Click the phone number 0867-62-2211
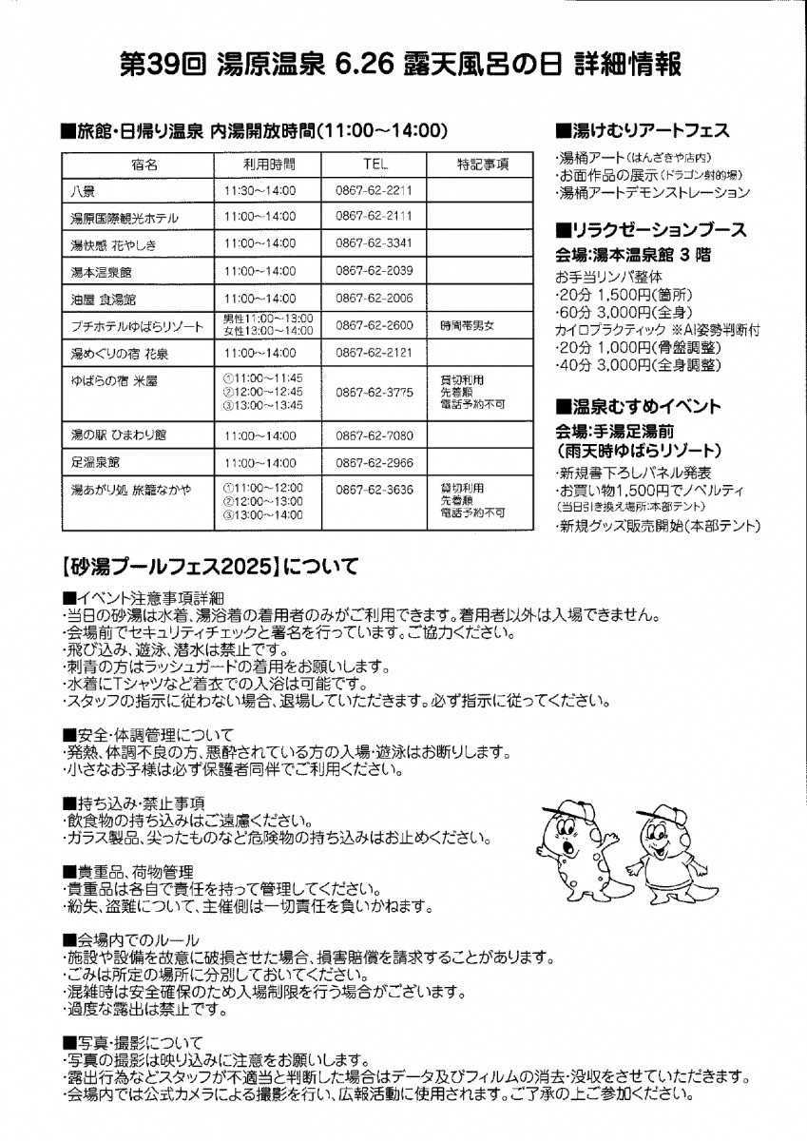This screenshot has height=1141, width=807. point(374,190)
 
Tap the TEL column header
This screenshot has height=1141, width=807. point(374,164)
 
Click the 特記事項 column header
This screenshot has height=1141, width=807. point(483,164)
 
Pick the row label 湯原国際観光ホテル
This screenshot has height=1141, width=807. point(125,218)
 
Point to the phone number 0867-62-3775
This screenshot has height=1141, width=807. point(374,390)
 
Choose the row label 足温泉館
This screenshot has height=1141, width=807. point(95,462)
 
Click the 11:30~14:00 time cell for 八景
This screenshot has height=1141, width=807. point(259,190)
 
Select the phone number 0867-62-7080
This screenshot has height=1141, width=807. point(374,435)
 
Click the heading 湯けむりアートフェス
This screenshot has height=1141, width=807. point(647,129)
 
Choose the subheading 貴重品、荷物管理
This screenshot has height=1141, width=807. point(127,871)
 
